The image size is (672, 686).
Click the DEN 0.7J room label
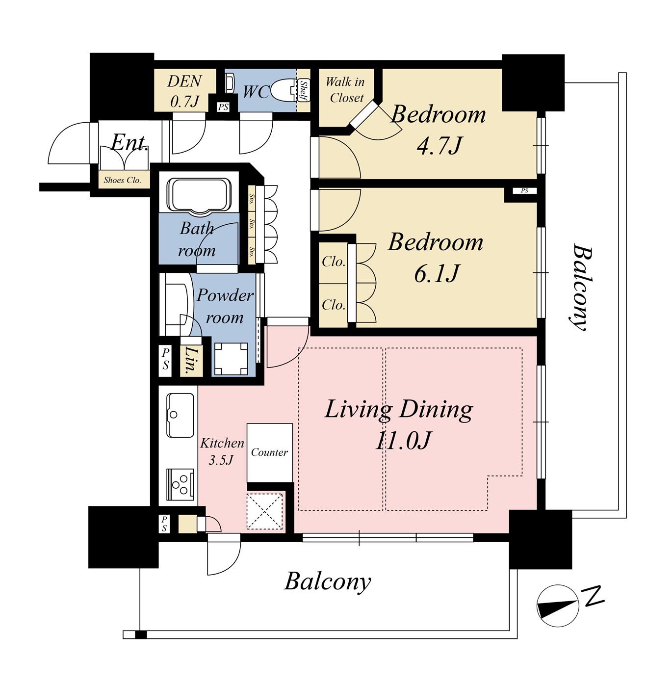click(184, 91)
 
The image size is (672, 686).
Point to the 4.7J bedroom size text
click(439, 146)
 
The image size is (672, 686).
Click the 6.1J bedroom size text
click(437, 273)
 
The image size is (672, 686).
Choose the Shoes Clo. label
click(123, 180)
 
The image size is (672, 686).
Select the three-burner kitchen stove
click(181, 485)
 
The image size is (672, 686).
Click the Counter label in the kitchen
click(269, 452)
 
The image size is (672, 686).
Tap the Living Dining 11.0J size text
click(403, 441)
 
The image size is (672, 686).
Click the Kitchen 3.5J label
click(222, 451)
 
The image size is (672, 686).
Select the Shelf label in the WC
click(304, 90)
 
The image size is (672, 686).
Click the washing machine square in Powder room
click(231, 359)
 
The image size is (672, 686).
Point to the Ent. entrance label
click(129, 143)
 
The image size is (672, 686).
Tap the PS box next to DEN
click(223, 107)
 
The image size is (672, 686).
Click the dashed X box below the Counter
click(264, 511)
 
